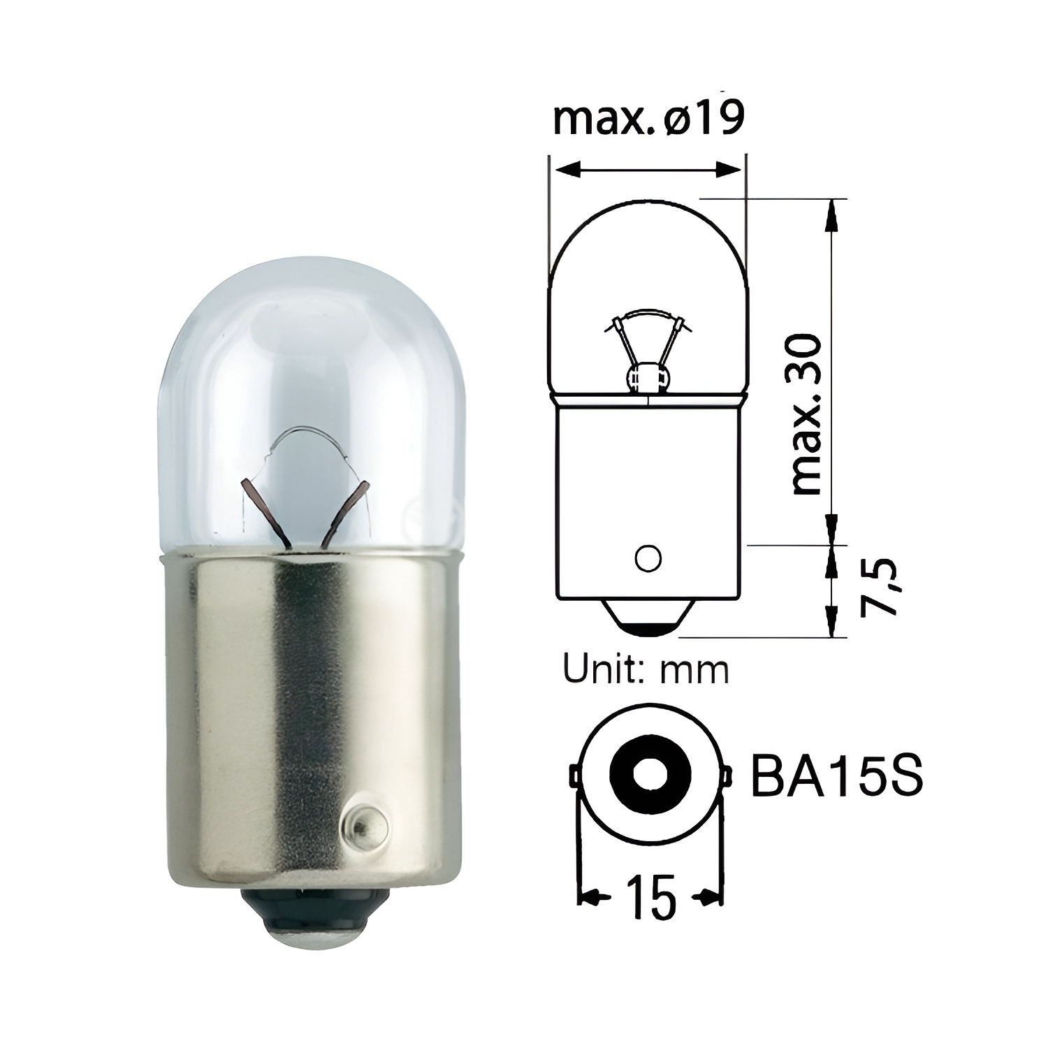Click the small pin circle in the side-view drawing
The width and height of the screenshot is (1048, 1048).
648,558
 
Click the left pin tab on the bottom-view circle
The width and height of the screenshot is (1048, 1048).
573,775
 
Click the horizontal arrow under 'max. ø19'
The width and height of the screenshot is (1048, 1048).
648,168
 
